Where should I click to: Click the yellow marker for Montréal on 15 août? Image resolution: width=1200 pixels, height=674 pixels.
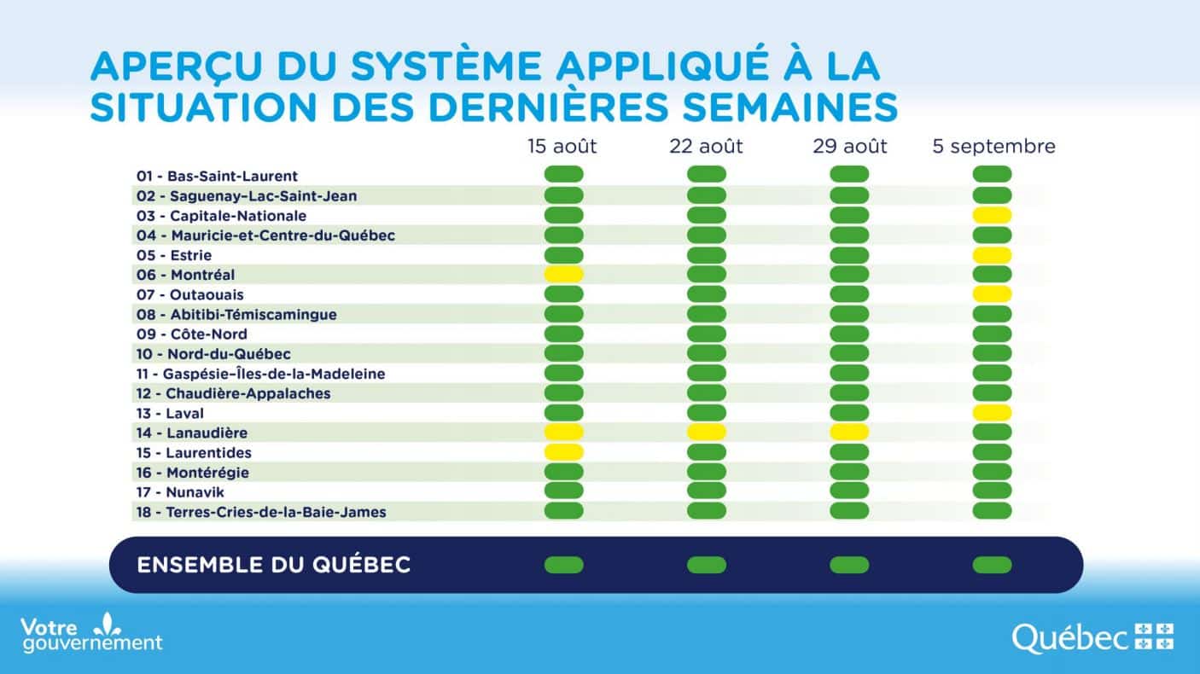tap(563, 275)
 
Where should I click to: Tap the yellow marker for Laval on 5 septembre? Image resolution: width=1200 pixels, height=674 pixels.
tap(992, 413)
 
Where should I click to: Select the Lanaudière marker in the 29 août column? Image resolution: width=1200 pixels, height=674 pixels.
tap(849, 433)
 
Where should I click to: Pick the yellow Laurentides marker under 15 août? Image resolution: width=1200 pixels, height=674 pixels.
tap(563, 452)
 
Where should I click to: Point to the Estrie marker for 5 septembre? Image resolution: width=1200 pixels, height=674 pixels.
tap(992, 255)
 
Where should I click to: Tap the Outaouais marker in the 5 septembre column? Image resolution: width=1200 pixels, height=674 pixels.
tap(992, 294)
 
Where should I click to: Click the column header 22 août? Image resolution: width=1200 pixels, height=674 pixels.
tap(706, 147)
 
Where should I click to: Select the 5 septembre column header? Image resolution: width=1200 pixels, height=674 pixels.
tap(993, 147)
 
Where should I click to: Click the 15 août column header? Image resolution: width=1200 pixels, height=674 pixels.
tap(562, 147)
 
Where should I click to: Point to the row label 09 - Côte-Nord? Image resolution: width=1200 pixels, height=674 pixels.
tap(192, 334)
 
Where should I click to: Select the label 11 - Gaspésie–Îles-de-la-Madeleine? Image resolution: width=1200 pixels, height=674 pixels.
tap(260, 374)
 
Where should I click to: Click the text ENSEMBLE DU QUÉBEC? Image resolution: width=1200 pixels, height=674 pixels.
tap(274, 565)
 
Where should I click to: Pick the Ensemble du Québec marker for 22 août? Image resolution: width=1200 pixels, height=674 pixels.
tap(706, 565)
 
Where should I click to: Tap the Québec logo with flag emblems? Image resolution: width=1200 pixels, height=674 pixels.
tap(1092, 636)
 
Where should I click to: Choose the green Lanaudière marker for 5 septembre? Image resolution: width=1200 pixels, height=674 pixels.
tap(992, 433)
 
